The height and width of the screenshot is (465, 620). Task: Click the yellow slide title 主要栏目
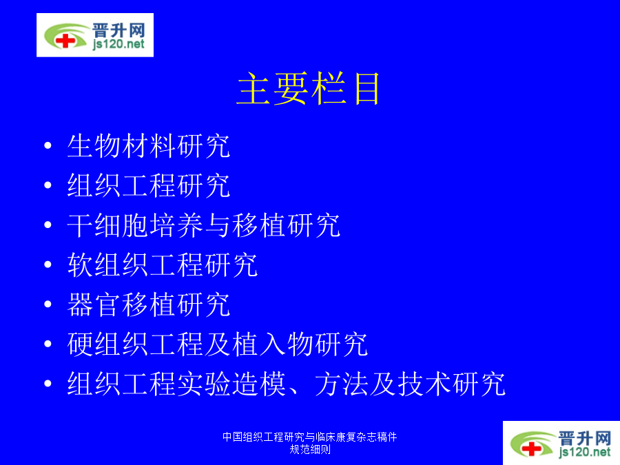[308, 89]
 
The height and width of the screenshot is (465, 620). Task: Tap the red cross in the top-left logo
[65, 41]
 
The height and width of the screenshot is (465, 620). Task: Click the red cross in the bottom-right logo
[531, 448]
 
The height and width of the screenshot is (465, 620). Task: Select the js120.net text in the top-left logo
[118, 44]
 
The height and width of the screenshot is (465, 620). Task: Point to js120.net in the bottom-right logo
[585, 451]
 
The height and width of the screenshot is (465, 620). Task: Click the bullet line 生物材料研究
[148, 146]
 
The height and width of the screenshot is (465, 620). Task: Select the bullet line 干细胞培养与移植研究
[203, 225]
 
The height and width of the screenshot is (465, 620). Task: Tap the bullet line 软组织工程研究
[162, 265]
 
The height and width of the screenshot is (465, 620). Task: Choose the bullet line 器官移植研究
[148, 304]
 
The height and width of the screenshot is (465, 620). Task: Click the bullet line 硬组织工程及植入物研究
[217, 344]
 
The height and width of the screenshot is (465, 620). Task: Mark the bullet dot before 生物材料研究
[48, 145]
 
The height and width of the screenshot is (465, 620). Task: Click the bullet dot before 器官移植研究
[48, 304]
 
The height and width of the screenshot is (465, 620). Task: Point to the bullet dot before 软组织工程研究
[48, 265]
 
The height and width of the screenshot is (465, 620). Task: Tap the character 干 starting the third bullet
[81, 225]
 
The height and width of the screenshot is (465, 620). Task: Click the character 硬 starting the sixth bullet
[81, 344]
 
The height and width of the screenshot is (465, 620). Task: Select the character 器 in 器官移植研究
[81, 304]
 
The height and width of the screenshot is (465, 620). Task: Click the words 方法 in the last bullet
[341, 384]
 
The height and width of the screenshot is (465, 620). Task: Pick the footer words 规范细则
[310, 450]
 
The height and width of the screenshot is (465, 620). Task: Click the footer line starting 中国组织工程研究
[309, 437]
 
